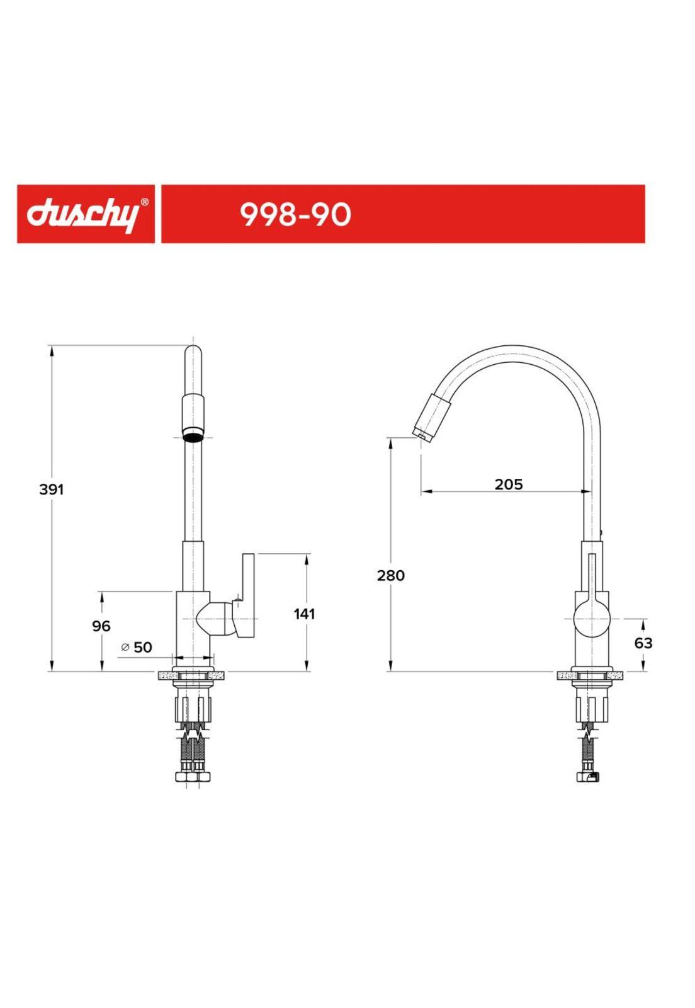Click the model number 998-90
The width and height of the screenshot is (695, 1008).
coord(295,215)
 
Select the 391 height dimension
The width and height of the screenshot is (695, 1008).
coord(52,490)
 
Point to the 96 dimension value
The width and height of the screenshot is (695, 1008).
coord(101,626)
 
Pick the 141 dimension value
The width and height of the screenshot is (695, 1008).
coord(305,613)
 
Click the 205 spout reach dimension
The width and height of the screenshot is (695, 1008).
coord(508,484)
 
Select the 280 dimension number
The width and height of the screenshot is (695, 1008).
coord(391,575)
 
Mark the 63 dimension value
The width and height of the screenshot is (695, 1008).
coord(643,643)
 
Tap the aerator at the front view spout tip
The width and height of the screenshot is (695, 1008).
coord(193,434)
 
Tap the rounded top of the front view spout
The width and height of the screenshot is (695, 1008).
coord(193,353)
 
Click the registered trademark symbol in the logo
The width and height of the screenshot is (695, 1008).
coord(144,202)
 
